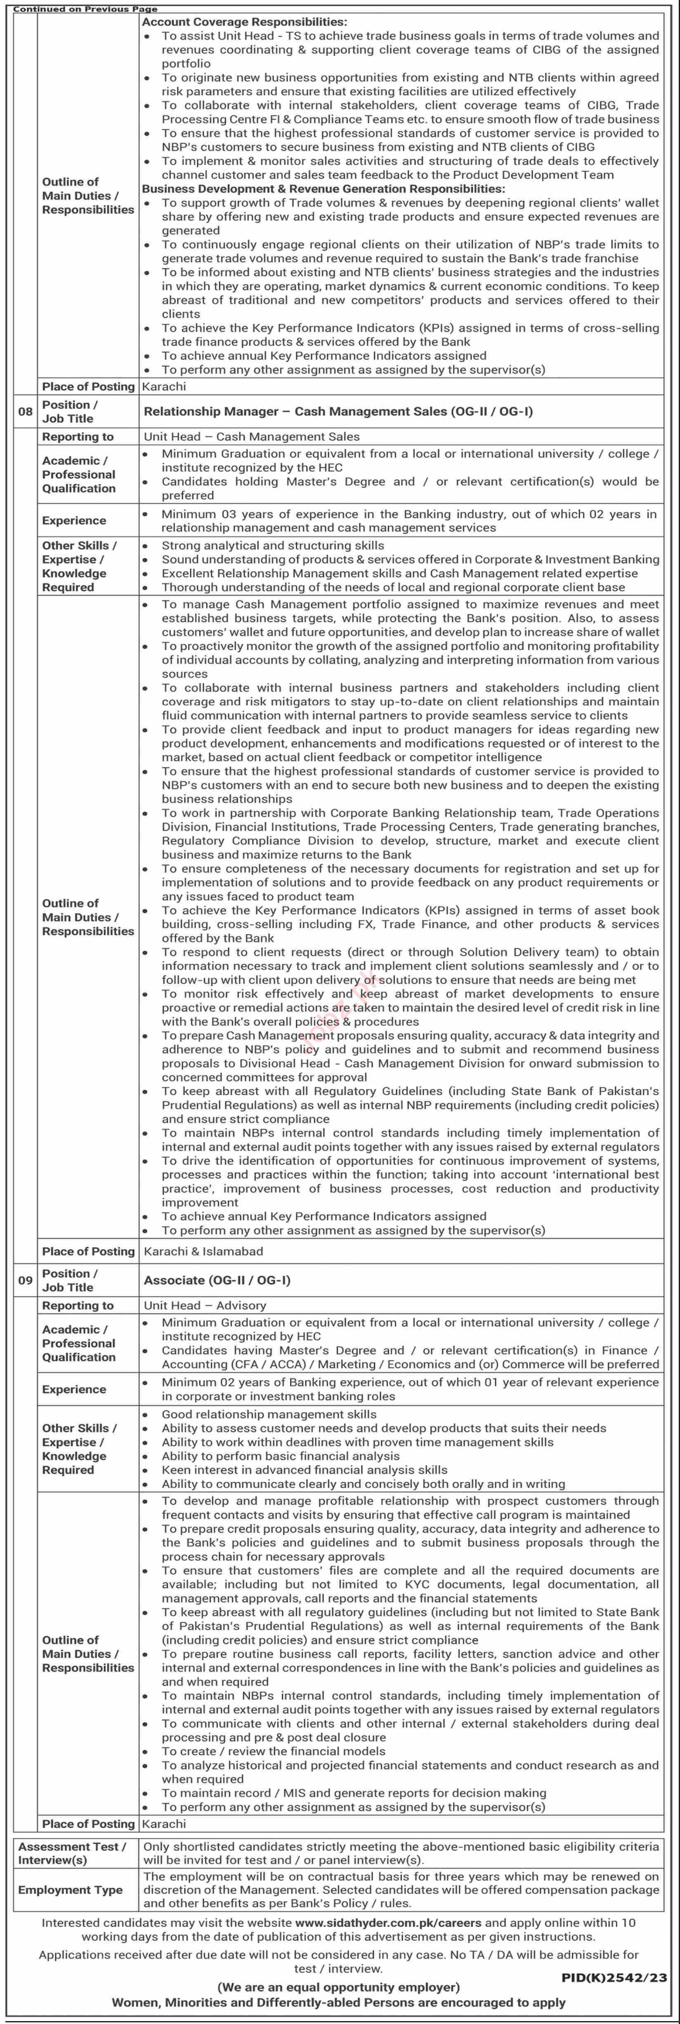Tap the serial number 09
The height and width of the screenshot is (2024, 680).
click(x=25, y=1280)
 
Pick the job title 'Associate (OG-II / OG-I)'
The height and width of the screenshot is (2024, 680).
click(x=217, y=1280)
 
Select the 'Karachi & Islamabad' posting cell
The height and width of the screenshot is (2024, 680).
click(x=203, y=1251)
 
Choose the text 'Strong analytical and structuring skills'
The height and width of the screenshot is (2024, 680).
click(x=273, y=545)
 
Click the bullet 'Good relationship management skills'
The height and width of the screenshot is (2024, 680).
click(x=269, y=1414)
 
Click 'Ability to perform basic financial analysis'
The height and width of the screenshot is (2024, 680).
click(x=281, y=1456)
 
